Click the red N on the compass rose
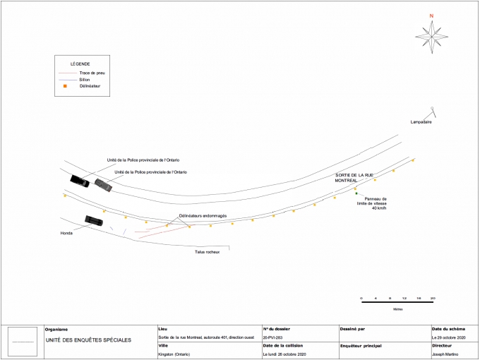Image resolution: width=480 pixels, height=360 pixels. click(431, 16)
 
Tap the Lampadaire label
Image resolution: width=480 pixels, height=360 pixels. click(421, 122)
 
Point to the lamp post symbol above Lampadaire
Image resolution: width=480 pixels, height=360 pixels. click(433, 110)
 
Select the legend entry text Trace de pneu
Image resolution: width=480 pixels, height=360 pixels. click(93, 73)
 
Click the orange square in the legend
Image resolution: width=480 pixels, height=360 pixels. click(65, 86)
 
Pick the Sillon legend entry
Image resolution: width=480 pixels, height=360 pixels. click(85, 80)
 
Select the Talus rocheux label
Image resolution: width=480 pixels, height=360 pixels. click(208, 251)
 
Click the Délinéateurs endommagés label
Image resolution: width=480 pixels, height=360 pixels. click(203, 215)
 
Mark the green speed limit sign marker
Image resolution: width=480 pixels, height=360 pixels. click(356, 193)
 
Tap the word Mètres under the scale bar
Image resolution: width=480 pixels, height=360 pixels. click(398, 309)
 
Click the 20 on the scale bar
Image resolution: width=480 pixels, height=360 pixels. click(433, 298)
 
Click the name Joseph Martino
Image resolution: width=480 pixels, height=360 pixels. click(445, 354)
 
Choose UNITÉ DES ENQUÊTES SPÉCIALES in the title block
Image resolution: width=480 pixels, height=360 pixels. click(88, 340)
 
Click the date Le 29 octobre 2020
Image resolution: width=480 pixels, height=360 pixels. click(450, 337)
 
